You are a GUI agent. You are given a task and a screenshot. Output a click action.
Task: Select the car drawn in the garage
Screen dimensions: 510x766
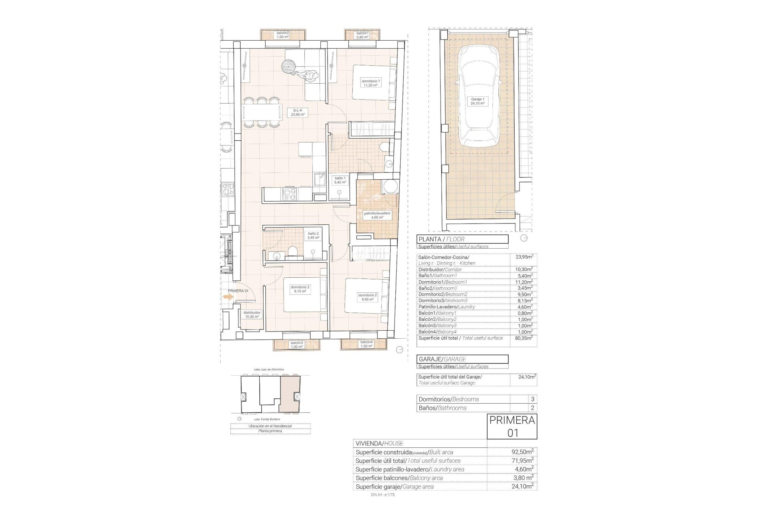[478, 96]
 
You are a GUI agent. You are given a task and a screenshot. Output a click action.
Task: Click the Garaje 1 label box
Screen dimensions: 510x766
[478, 101]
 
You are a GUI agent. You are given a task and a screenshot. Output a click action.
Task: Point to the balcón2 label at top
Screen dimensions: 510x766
[282, 35]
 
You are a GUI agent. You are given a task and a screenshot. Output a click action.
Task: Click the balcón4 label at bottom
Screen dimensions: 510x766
[366, 344]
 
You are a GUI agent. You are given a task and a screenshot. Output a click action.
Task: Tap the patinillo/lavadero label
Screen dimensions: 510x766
[377, 216]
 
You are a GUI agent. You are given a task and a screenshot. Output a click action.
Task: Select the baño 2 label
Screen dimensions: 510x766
[313, 235]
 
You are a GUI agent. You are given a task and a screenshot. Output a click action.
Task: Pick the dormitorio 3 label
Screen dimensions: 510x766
[300, 289]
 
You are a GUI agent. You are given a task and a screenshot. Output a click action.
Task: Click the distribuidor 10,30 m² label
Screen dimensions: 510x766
[252, 315]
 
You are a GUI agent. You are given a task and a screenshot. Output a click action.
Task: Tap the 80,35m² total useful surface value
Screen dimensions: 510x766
[523, 338]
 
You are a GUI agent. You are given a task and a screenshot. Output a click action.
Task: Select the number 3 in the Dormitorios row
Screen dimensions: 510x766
[532, 399]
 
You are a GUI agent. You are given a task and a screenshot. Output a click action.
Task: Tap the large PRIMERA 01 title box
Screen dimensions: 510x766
[512, 426]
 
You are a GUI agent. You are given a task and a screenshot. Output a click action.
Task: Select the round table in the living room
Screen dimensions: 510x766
[288, 66]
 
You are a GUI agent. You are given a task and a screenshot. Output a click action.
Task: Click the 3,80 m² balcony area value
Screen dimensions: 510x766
[523, 478]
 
